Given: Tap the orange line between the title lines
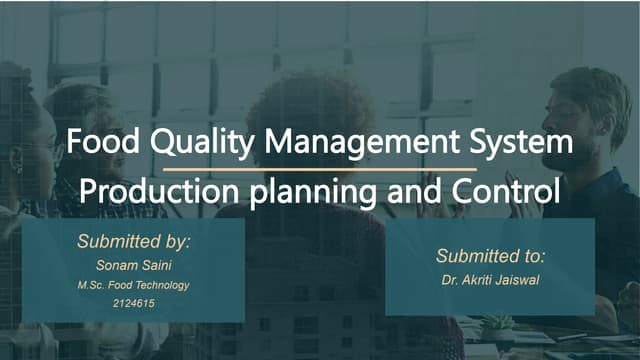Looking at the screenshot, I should (x=319, y=169).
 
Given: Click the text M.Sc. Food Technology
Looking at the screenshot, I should (x=134, y=285).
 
